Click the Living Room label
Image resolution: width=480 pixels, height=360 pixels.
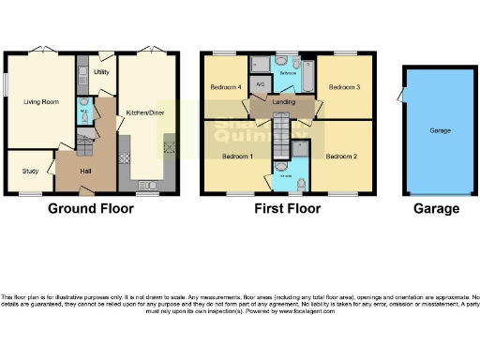point(40,101)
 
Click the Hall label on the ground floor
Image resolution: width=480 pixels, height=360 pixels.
point(85,171)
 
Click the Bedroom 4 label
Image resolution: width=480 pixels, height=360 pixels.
point(225,87)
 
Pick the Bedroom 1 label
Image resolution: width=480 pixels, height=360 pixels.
point(236,156)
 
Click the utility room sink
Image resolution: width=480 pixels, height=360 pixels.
point(82,71)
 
